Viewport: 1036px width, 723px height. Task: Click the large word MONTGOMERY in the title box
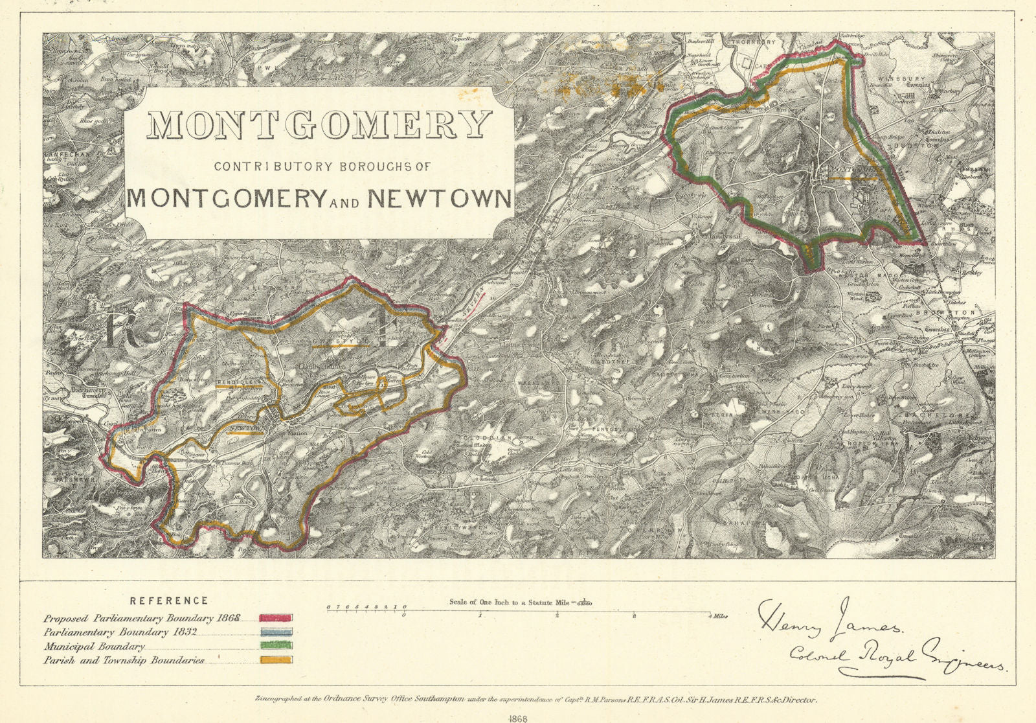(x=319, y=125)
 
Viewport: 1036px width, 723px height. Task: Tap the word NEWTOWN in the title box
(x=440, y=198)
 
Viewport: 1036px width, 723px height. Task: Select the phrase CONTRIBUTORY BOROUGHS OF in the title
(x=322, y=166)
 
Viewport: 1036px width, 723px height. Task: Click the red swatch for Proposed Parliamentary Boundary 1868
(x=276, y=617)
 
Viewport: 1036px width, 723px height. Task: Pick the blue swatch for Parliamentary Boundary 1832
(x=276, y=632)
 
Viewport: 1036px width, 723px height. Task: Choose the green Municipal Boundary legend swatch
(x=276, y=646)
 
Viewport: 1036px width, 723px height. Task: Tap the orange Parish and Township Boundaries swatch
(x=276, y=660)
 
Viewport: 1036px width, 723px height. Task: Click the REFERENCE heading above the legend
(x=169, y=601)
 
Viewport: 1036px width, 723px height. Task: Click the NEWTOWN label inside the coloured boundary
(x=247, y=428)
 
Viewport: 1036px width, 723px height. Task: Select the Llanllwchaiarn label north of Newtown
(x=322, y=367)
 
